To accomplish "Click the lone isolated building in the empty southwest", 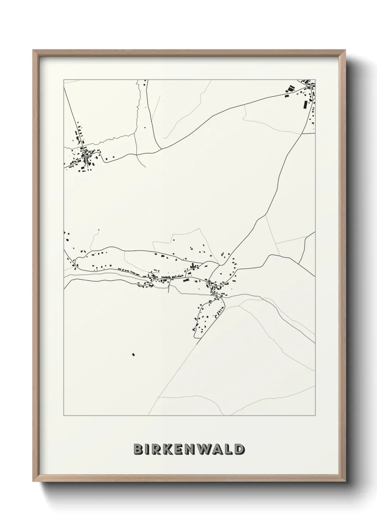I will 134,354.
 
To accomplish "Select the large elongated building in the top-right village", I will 305,105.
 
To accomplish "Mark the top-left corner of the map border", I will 63,80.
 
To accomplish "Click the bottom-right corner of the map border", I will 315,416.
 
